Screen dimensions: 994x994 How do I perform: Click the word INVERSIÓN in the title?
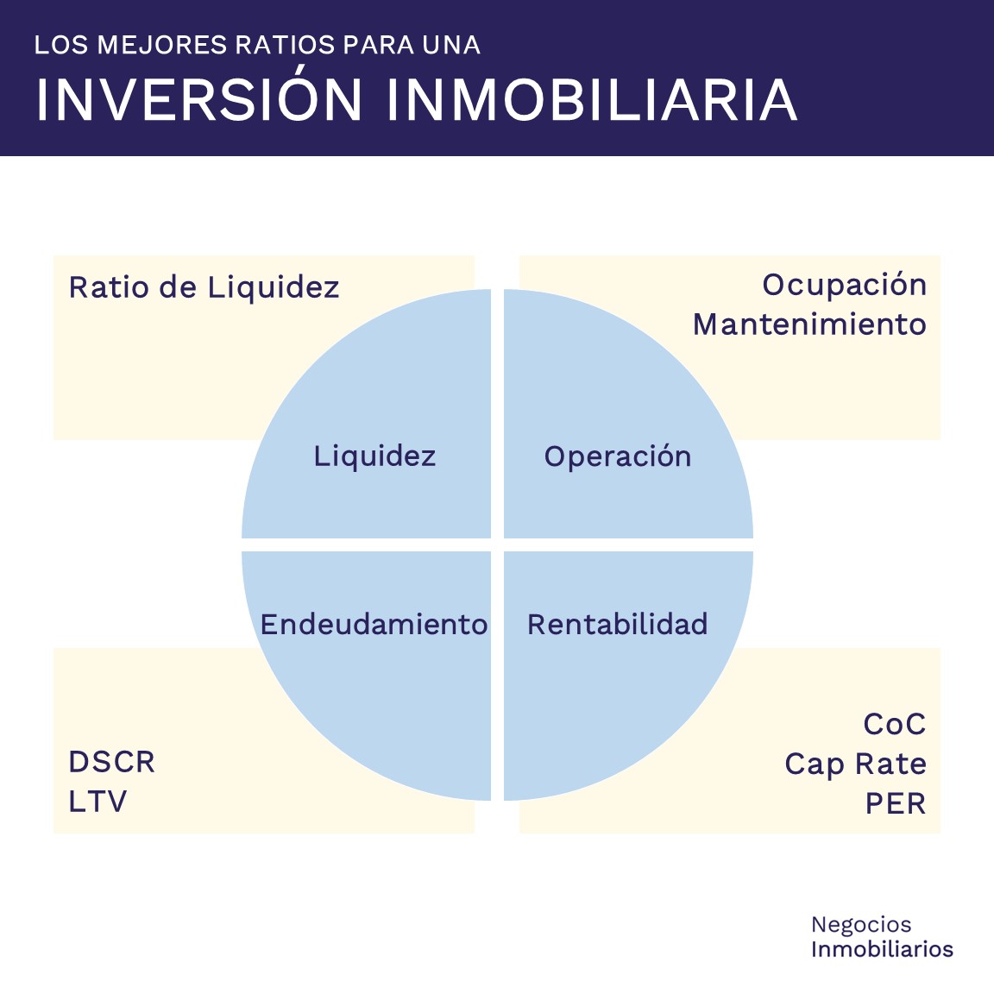click(198, 100)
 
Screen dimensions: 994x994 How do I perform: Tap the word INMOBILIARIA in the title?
click(591, 100)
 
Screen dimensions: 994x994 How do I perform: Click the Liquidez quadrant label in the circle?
click(374, 456)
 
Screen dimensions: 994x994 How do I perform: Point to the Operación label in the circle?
click(618, 456)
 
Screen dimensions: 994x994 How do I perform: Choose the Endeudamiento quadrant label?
click(374, 624)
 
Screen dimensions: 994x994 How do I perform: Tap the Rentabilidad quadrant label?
click(618, 624)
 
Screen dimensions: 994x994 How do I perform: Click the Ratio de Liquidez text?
click(204, 287)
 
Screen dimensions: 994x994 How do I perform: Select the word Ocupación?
click(844, 285)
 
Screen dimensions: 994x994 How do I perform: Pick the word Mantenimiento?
click(809, 324)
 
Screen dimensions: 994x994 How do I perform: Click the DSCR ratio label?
click(112, 762)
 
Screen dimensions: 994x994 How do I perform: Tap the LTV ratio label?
click(98, 802)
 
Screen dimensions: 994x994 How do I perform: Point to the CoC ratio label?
click(895, 724)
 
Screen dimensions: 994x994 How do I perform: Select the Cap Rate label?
click(855, 764)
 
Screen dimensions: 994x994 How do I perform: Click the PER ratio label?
click(896, 803)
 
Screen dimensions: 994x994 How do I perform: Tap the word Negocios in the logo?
click(861, 925)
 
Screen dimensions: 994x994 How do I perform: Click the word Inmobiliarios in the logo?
click(882, 949)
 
